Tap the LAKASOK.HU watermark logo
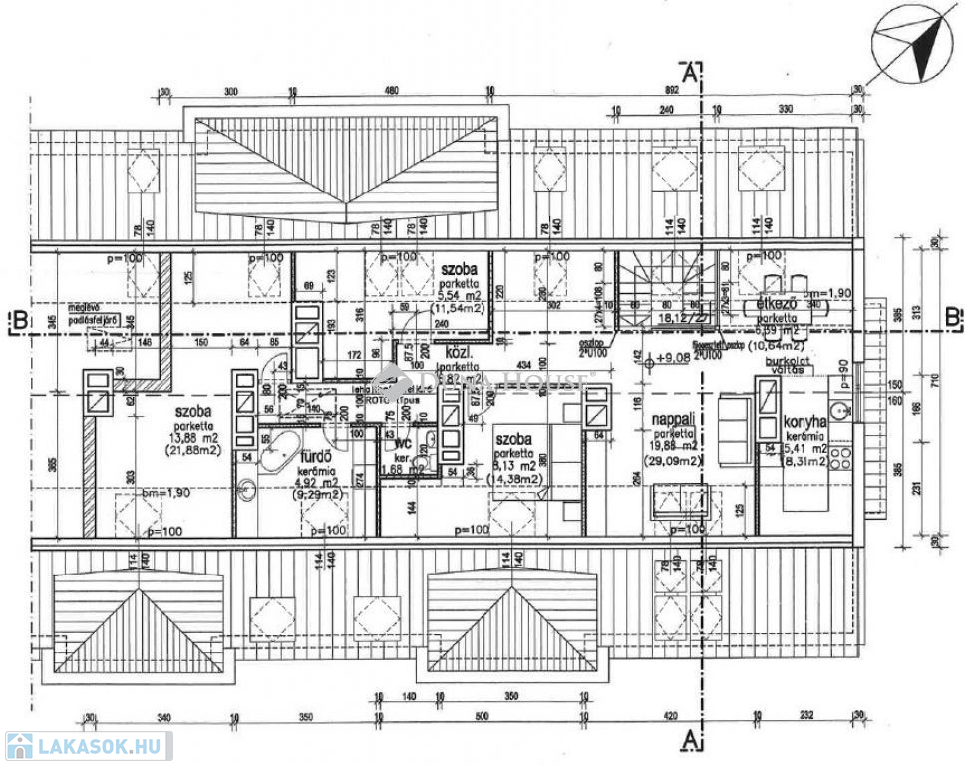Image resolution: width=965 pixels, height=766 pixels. (x=88, y=746)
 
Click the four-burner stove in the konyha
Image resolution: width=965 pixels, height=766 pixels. (x=841, y=456)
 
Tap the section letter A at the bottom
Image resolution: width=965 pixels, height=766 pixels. (x=687, y=739)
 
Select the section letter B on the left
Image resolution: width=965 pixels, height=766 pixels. (x=17, y=321)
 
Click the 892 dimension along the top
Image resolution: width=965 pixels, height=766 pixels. (x=671, y=91)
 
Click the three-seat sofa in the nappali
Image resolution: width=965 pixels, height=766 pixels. (x=735, y=422)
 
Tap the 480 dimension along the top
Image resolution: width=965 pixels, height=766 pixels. (x=392, y=91)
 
